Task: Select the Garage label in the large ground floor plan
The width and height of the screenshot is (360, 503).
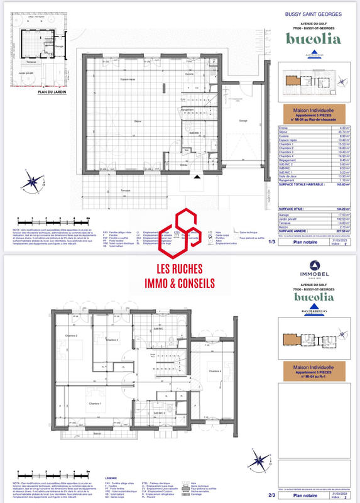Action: (243, 120)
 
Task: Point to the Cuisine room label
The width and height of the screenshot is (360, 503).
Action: (188, 74)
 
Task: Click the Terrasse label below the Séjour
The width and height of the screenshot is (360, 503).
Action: (126, 189)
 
